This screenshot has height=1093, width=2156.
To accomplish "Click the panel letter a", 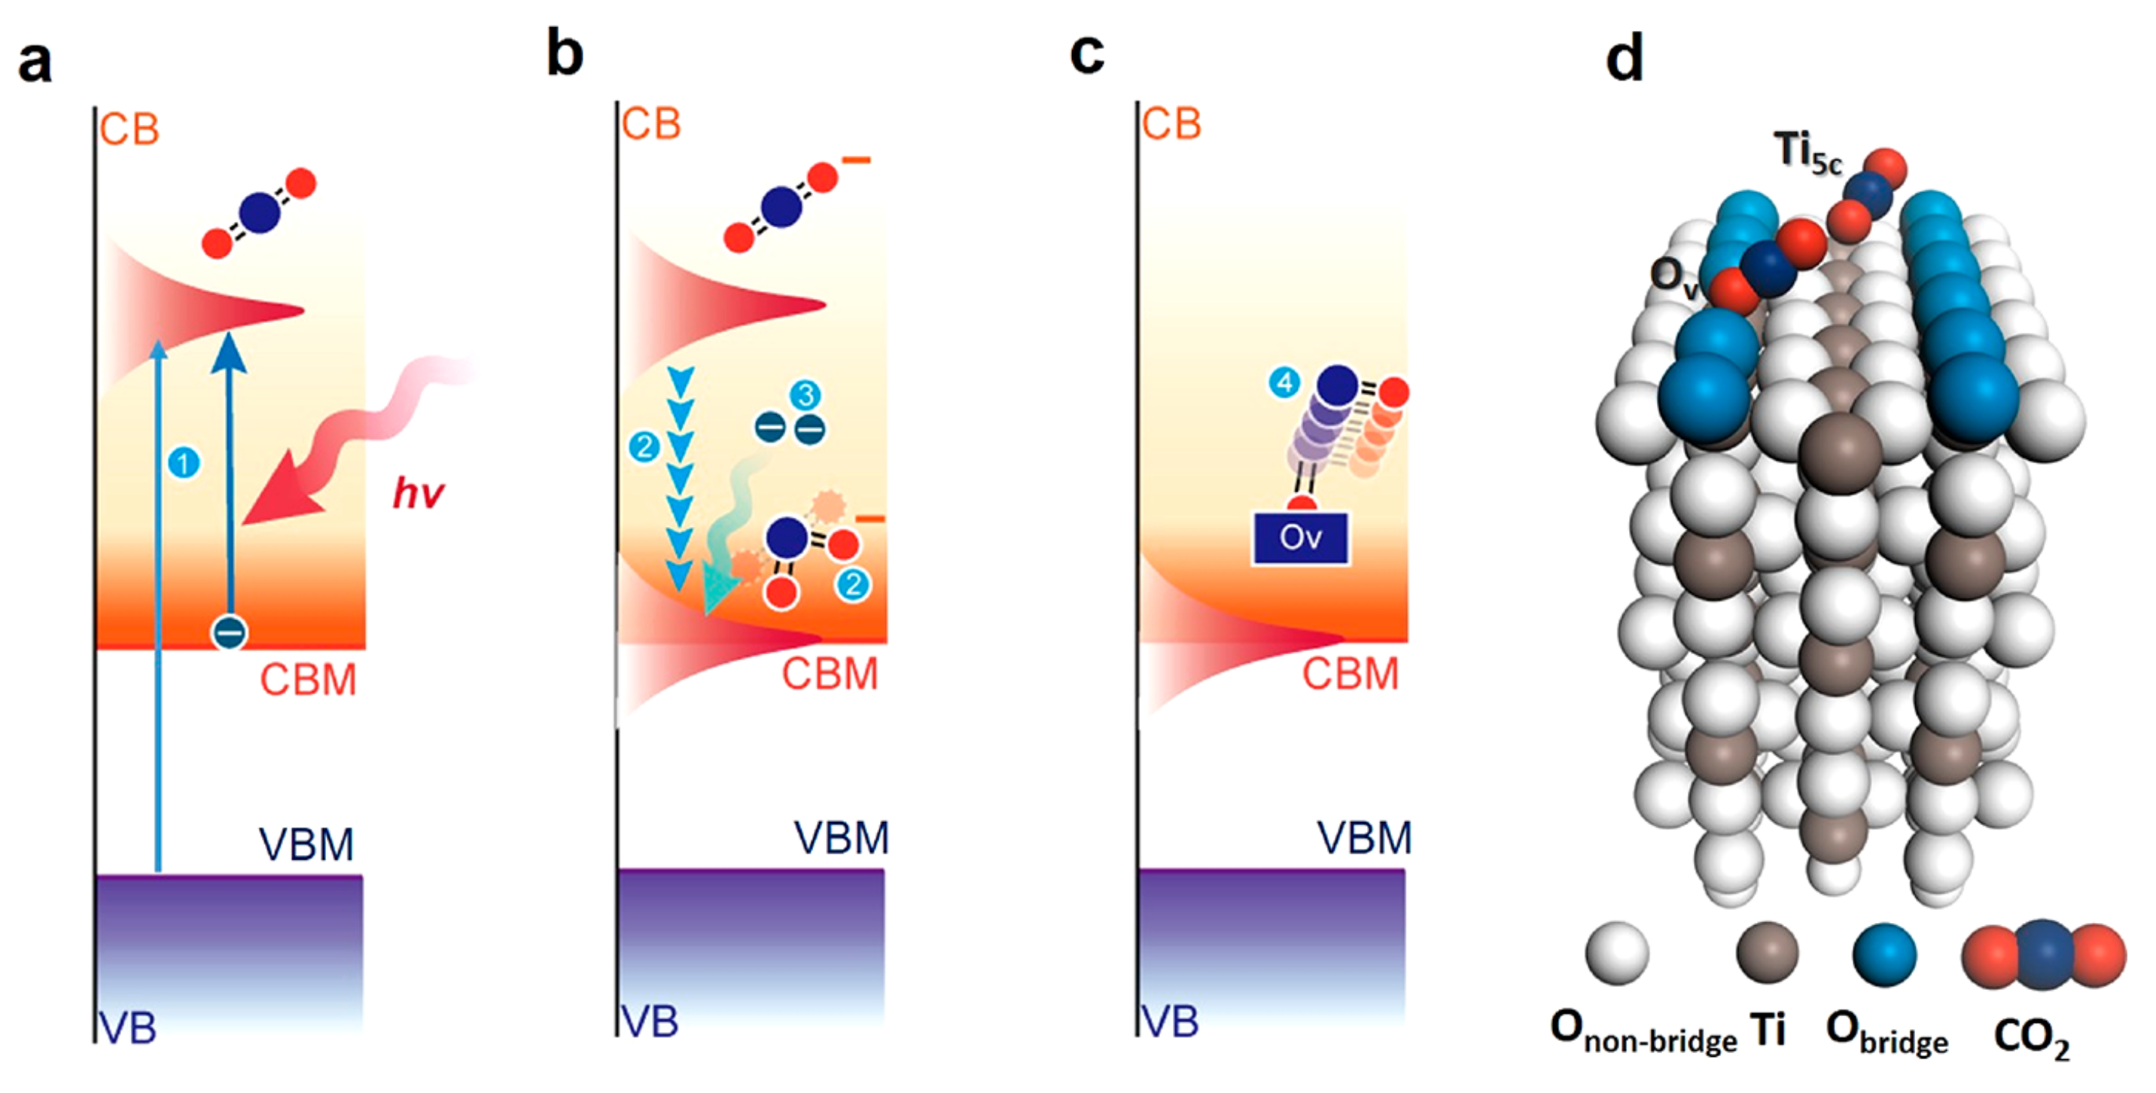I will (x=35, y=63).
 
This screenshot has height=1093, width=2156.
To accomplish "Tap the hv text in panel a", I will (x=418, y=493).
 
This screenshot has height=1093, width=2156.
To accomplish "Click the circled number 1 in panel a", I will (x=184, y=463).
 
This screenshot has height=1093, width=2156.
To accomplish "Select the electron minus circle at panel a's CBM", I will (x=230, y=632).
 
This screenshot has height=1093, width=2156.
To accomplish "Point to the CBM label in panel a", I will (x=308, y=680).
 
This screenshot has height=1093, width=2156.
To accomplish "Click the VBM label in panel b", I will (x=840, y=838).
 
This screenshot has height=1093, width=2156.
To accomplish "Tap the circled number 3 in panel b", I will (x=806, y=395).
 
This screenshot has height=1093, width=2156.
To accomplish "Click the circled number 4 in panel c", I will (x=1284, y=383).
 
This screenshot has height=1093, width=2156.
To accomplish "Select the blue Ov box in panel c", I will (x=1300, y=538).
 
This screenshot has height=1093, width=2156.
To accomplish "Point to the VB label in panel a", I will (x=127, y=1028).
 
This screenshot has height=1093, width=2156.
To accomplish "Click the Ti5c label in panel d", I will (x=1807, y=154).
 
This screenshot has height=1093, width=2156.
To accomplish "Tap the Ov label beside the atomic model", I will (x=1672, y=276).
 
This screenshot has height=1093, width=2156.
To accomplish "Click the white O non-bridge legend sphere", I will (x=1617, y=954).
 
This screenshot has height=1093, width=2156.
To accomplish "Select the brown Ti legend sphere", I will (x=1767, y=954).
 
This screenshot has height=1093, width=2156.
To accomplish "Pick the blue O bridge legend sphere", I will (x=1884, y=955).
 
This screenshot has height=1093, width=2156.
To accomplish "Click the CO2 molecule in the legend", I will (x=2043, y=955).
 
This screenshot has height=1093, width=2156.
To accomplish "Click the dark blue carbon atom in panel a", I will (x=260, y=212).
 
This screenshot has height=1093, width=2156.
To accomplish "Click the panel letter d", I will (x=1624, y=60).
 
